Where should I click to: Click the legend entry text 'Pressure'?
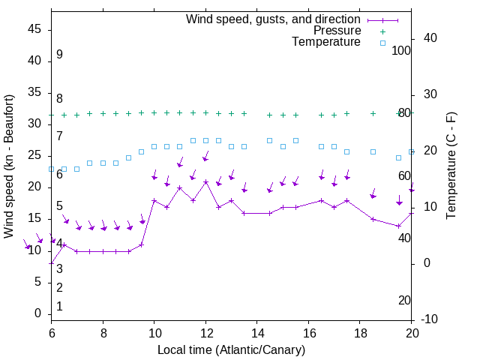coord(337,31)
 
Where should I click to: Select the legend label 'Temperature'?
coord(326,42)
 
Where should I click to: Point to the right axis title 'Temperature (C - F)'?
coord(451,166)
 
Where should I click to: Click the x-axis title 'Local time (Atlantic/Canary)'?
coord(231,349)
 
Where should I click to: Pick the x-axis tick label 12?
coord(205,331)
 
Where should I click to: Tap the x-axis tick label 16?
coord(308,331)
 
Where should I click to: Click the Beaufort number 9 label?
coord(59,55)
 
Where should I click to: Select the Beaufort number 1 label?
coord(59,307)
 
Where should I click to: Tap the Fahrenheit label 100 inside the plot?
coord(402,51)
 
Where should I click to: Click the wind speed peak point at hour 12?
coord(205,181)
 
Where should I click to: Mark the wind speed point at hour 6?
coord(52,263)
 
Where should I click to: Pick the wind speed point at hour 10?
coord(154,200)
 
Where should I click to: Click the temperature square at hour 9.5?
coord(141,151)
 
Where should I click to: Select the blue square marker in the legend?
coord(382,43)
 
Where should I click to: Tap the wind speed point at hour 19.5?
coord(399,226)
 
